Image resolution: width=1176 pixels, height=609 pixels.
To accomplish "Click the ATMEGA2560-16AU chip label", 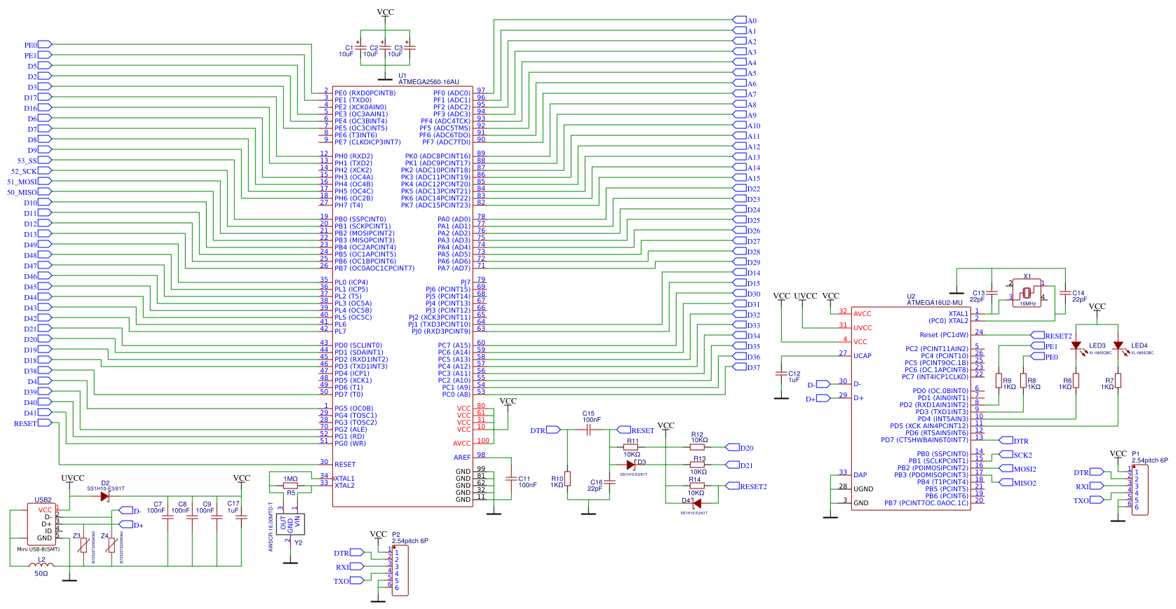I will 428,82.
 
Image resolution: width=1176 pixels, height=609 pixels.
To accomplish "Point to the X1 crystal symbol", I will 1027,292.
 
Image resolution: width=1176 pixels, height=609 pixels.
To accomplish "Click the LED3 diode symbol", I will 1076,345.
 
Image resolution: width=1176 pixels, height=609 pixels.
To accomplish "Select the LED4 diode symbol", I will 1118,345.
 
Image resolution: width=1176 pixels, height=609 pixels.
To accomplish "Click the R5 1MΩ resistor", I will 290,485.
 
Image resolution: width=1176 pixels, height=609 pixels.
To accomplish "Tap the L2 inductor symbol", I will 41,564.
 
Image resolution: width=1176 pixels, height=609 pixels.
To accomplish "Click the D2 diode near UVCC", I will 104,496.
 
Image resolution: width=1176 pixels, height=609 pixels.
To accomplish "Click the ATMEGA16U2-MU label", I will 934,303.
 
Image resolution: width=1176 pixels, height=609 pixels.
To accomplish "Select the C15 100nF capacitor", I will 588,430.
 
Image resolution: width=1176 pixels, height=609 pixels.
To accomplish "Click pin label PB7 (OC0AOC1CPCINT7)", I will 374,268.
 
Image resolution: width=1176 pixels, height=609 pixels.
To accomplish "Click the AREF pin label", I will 462,457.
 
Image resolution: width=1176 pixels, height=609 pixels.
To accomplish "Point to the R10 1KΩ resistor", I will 567,479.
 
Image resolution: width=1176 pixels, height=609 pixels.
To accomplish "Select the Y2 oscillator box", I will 290,523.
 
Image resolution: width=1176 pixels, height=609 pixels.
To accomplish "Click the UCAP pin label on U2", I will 862,356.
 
